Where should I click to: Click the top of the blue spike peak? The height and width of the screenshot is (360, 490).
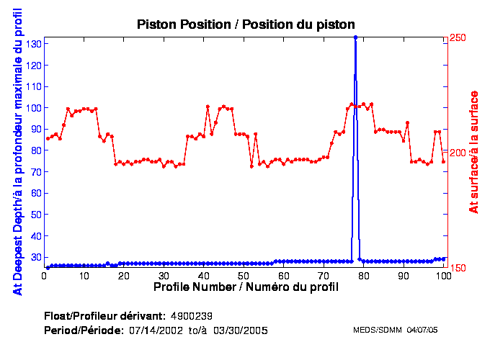(355, 37)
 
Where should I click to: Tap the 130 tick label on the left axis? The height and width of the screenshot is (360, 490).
(32, 44)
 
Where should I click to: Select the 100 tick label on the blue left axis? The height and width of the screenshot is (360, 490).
(32, 108)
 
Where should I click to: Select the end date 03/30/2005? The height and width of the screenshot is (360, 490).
(245, 330)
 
